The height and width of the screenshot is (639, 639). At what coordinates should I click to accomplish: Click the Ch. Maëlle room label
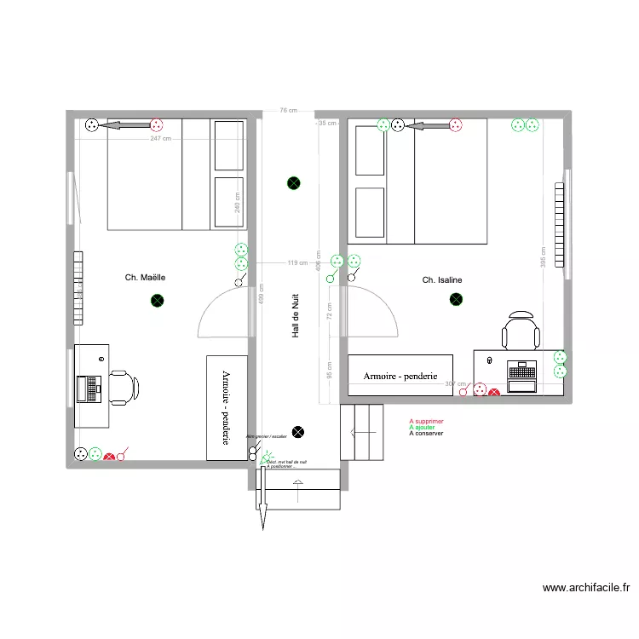click(x=145, y=277)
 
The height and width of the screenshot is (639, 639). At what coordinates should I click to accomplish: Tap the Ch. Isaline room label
click(x=442, y=279)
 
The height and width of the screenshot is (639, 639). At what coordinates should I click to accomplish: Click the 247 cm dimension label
click(x=160, y=138)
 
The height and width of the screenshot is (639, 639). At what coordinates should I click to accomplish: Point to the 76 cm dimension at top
click(x=289, y=111)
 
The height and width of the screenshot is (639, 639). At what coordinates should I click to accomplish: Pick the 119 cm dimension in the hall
click(x=297, y=262)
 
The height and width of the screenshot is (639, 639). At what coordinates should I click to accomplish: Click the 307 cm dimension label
click(x=457, y=383)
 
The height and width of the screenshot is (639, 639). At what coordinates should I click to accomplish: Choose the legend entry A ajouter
click(x=423, y=427)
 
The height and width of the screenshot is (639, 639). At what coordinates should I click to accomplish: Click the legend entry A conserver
click(x=427, y=433)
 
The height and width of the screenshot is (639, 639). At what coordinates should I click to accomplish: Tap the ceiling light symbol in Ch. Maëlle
click(x=157, y=300)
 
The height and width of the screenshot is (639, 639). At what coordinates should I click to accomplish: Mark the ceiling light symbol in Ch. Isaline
click(x=456, y=299)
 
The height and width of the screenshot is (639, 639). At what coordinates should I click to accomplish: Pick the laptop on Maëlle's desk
click(x=89, y=389)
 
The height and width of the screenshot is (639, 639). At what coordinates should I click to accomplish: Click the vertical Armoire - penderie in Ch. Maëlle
click(x=227, y=408)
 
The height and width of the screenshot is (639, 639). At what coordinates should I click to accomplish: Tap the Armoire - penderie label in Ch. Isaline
click(x=400, y=376)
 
